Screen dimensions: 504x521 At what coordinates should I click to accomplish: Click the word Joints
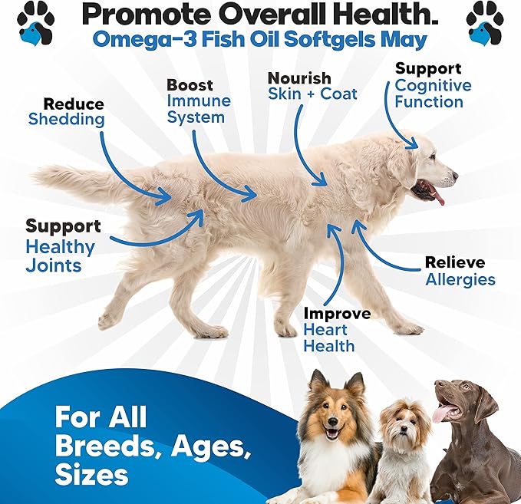click(53, 266)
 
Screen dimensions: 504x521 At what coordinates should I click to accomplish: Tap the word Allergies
click(460, 279)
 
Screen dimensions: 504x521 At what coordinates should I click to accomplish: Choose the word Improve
click(337, 314)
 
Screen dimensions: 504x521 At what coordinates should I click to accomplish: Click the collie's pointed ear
click(354, 382)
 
